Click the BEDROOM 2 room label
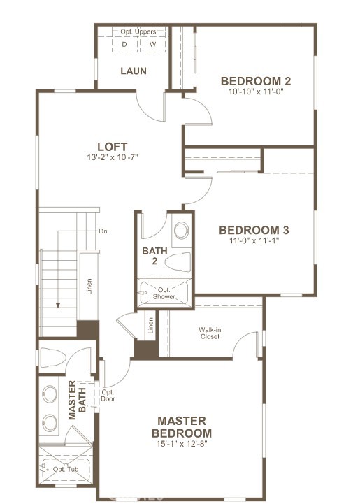coord(256,81)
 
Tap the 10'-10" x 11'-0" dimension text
coord(256,92)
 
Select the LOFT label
coord(112,147)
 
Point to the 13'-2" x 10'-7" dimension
coord(112,157)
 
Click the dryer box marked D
coord(125,45)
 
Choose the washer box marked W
coord(152,45)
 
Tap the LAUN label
coord(134,71)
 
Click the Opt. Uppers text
coord(138,31)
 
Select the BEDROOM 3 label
coord(254,230)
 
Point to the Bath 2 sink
coord(182,230)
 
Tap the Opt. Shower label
coord(164,293)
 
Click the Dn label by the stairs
coord(103,231)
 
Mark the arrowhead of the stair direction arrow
coord(58,305)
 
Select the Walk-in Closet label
coord(210,333)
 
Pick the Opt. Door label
coord(108,396)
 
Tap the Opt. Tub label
coord(66,469)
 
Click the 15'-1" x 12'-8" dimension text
coord(182,444)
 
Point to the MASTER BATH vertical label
coord(77,400)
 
